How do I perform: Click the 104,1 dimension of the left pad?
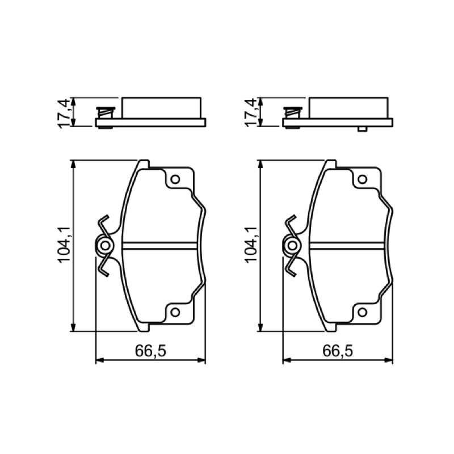(x=65, y=245)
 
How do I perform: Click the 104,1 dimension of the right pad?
(x=251, y=245)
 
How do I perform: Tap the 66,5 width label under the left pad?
(x=150, y=351)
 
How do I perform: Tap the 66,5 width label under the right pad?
(x=338, y=351)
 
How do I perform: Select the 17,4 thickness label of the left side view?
(x=64, y=113)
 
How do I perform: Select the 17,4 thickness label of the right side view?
(x=251, y=113)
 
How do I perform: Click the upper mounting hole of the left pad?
(x=175, y=179)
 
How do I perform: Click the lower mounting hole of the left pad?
(x=175, y=312)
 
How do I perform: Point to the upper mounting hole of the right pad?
(x=363, y=179)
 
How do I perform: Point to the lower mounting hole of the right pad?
(x=363, y=312)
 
